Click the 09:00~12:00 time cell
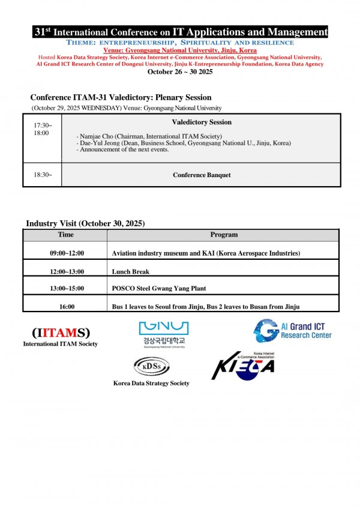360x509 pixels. point(67,254)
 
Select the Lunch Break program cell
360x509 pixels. point(130,271)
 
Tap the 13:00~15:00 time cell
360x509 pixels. point(67,289)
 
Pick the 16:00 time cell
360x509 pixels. point(67,307)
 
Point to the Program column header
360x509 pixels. point(224,235)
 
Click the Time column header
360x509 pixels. point(66,235)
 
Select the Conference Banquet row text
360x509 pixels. point(202,175)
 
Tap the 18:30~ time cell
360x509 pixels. point(42,175)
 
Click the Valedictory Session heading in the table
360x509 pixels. point(202,122)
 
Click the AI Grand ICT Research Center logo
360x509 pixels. point(292,330)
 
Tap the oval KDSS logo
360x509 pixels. point(151,366)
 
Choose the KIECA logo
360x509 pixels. point(243,366)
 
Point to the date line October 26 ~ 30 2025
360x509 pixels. point(180,71)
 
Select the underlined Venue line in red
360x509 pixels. point(180,50)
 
